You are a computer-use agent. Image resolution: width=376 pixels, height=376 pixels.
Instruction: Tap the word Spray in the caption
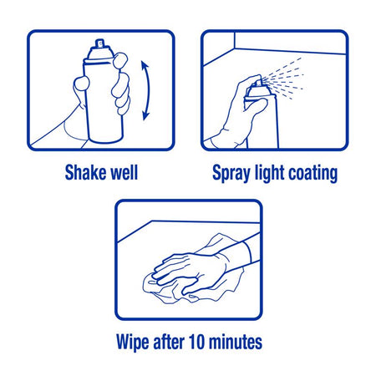click(x=231, y=174)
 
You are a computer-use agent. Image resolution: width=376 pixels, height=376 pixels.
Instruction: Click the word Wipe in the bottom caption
click(x=133, y=342)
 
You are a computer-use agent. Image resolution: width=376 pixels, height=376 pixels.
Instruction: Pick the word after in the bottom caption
click(x=169, y=341)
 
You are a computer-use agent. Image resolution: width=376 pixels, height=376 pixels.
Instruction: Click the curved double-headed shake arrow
click(x=149, y=90)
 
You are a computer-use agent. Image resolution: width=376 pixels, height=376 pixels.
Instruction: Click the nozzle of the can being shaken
click(x=100, y=43)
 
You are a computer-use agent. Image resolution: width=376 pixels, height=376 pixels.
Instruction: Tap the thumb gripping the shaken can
click(x=81, y=84)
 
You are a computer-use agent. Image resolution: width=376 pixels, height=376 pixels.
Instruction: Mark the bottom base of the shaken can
click(x=106, y=140)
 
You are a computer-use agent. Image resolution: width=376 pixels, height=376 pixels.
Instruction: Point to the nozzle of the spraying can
click(x=257, y=83)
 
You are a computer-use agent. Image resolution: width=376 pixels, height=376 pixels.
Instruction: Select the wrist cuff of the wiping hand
click(x=247, y=252)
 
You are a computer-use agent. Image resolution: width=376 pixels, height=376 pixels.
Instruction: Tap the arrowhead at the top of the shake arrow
click(x=145, y=65)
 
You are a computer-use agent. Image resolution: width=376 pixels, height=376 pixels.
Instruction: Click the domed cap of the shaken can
click(x=100, y=53)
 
